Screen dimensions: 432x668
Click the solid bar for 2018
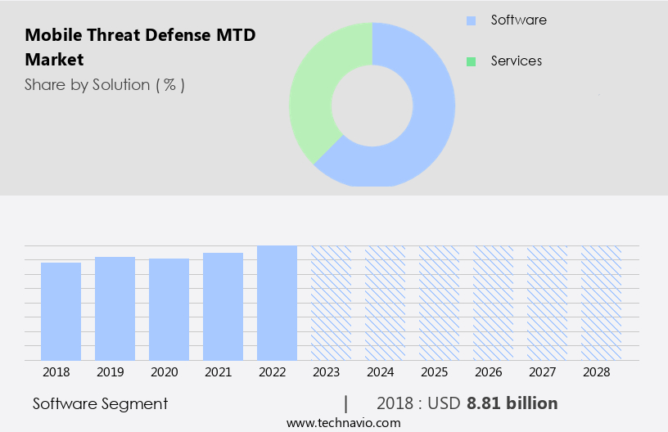point(61,311)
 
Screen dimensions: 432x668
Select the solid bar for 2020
point(169,309)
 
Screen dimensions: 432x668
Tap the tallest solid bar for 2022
point(277,303)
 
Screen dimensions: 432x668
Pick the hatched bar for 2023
point(331,303)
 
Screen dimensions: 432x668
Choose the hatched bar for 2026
point(493,303)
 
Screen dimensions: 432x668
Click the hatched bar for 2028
point(601,303)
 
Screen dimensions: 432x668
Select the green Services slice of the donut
point(315,90)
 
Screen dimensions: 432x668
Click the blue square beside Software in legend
point(471,20)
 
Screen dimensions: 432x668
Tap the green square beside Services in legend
point(471,61)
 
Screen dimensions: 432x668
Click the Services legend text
point(516,61)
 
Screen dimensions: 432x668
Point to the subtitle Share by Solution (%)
point(104,85)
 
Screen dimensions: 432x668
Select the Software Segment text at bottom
point(100,403)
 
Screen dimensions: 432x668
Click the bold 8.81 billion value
point(512,403)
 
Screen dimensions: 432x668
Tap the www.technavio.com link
point(343,422)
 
